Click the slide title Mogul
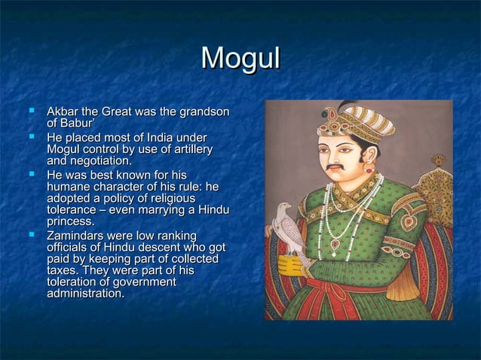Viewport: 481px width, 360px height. tap(240, 59)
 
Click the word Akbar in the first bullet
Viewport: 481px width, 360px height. tap(63, 112)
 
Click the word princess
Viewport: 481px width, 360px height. tap(71, 221)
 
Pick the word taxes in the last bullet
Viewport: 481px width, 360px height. tap(63, 270)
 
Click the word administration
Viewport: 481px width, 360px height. tap(85, 293)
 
